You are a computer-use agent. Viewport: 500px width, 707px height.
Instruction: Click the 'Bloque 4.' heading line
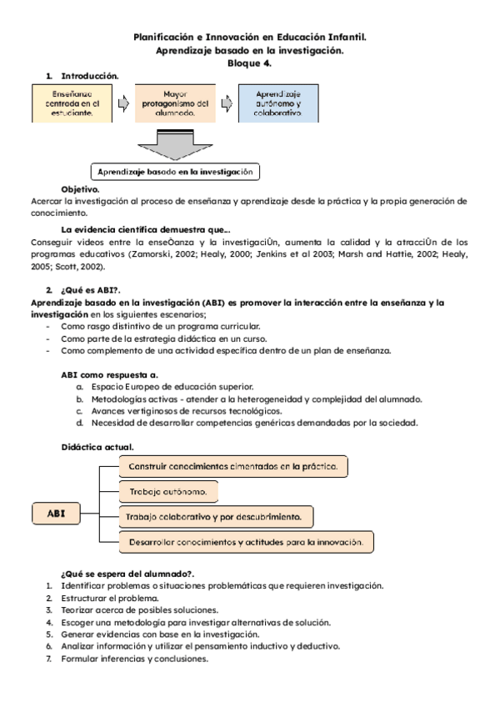point(250,63)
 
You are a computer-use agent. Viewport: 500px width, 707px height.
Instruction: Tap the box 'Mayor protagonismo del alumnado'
point(175,103)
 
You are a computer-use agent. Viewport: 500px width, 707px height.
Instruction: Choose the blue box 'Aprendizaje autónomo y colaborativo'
point(278,103)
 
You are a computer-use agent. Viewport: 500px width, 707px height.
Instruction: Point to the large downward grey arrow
point(175,144)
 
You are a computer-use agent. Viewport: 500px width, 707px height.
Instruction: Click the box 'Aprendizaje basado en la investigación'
point(175,172)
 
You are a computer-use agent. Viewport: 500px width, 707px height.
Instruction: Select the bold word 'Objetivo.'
point(81,189)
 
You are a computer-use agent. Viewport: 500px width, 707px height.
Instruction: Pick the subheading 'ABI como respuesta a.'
point(110,375)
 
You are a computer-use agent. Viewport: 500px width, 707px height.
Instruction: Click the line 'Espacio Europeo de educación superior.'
point(172,387)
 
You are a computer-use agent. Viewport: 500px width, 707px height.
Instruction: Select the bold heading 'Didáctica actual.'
point(97,447)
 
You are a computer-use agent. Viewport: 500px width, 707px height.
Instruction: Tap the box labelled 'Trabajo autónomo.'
point(168,492)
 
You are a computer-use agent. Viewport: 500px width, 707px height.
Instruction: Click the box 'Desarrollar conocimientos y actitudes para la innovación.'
point(246,542)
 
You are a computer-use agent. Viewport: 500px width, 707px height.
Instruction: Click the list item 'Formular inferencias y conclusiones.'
point(133,659)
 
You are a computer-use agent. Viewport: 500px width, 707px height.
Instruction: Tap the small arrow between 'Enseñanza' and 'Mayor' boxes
point(123,103)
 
